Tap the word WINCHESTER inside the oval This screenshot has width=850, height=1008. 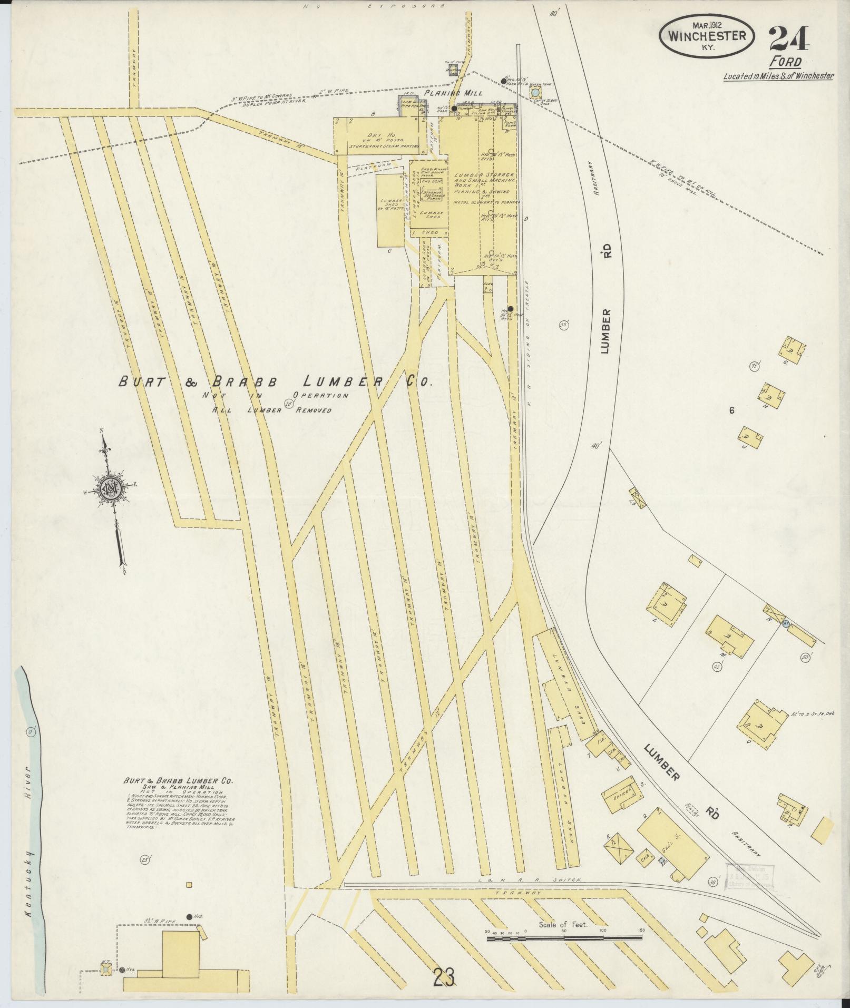click(707, 36)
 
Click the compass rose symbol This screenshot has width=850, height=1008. click(112, 490)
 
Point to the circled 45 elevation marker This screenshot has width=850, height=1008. click(717, 666)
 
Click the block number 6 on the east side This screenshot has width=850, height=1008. click(731, 410)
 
